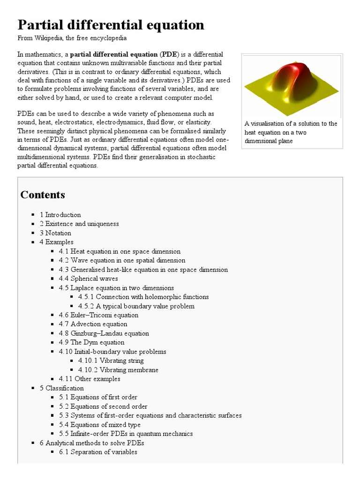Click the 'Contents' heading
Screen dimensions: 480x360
pos(43,195)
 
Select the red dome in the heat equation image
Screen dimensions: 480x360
pos(291,78)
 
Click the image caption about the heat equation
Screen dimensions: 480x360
pos(291,132)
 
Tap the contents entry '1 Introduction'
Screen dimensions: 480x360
pos(60,215)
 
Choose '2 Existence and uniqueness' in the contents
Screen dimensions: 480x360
pos(79,224)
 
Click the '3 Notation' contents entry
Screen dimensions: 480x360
pos(55,233)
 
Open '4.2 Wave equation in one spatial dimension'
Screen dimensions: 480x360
pos(122,260)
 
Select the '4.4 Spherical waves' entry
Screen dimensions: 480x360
pos(88,278)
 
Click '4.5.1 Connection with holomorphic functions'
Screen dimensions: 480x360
pos(143,297)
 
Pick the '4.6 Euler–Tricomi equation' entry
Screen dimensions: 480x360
pos(98,315)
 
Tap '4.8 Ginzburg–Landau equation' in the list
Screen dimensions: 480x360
pos(104,333)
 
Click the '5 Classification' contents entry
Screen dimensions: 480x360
pos(62,388)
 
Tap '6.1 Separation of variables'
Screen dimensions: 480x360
pos(98,452)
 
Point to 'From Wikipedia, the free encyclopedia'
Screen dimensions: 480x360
pos(72,38)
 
